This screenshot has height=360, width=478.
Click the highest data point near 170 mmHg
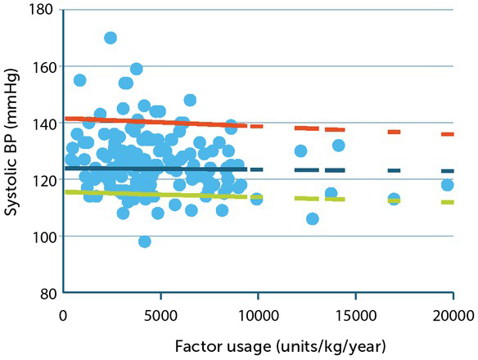pos(110,38)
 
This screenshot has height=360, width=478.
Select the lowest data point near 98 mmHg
pos(145,241)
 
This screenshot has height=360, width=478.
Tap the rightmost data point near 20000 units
pos(447,185)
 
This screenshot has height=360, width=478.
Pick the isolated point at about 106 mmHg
pos(312,218)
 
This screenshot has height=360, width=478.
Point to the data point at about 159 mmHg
pos(137,69)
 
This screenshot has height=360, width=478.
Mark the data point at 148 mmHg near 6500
pos(190,100)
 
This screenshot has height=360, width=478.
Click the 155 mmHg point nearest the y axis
pos(79,80)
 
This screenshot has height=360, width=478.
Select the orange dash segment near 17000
pos(394,132)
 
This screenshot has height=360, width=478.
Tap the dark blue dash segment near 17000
pos(394,170)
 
